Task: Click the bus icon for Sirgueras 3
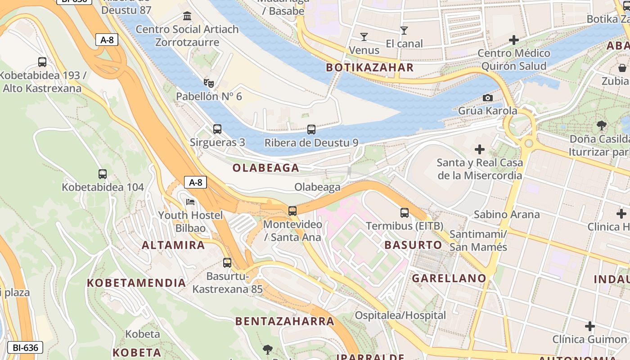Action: point(217,129)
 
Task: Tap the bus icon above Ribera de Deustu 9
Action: point(311,130)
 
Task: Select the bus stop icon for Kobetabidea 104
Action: point(103,174)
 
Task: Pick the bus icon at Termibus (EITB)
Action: point(405,213)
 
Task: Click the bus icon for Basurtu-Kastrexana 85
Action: point(227,263)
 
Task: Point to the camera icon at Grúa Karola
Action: point(487,98)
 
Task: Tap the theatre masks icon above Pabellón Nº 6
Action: point(208,83)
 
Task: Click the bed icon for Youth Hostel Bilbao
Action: point(191,202)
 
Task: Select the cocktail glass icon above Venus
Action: point(364,36)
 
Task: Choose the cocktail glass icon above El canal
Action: point(404,31)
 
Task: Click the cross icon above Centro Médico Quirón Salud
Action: point(513,40)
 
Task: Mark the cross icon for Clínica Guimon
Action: point(589,326)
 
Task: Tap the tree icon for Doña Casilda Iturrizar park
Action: point(601,125)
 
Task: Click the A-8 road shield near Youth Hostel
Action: point(196,182)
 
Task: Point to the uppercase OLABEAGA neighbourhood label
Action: point(265,168)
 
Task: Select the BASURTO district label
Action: point(413,245)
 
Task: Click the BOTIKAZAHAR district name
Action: point(369,67)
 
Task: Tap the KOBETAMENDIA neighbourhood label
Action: point(136,283)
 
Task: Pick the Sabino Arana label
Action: point(507,214)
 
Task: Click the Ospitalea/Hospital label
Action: point(400,315)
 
